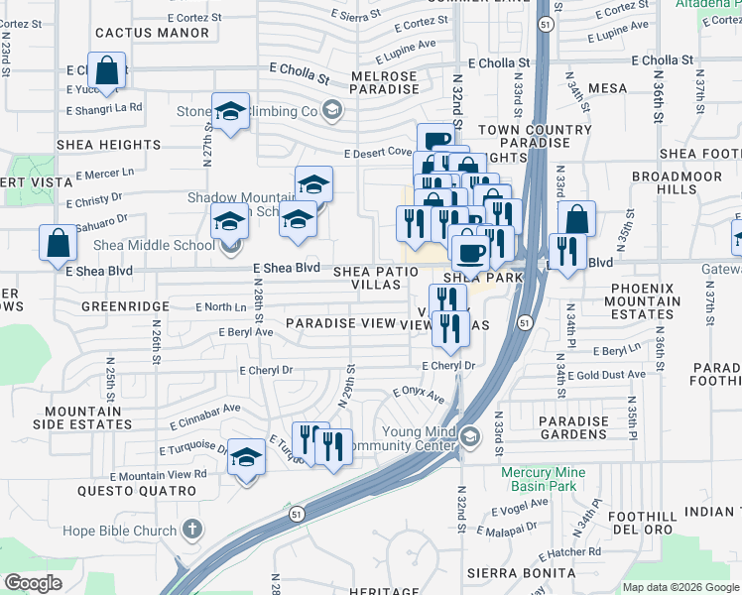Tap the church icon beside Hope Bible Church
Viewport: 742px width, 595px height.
(193, 531)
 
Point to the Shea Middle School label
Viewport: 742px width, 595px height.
(154, 246)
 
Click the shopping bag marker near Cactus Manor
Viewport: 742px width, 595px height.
(106, 71)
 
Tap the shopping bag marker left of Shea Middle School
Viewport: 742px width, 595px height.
(58, 242)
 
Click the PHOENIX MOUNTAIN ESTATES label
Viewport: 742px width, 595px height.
(645, 300)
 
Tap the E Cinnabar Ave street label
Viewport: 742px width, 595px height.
(209, 408)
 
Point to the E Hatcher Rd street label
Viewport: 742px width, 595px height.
(565, 551)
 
